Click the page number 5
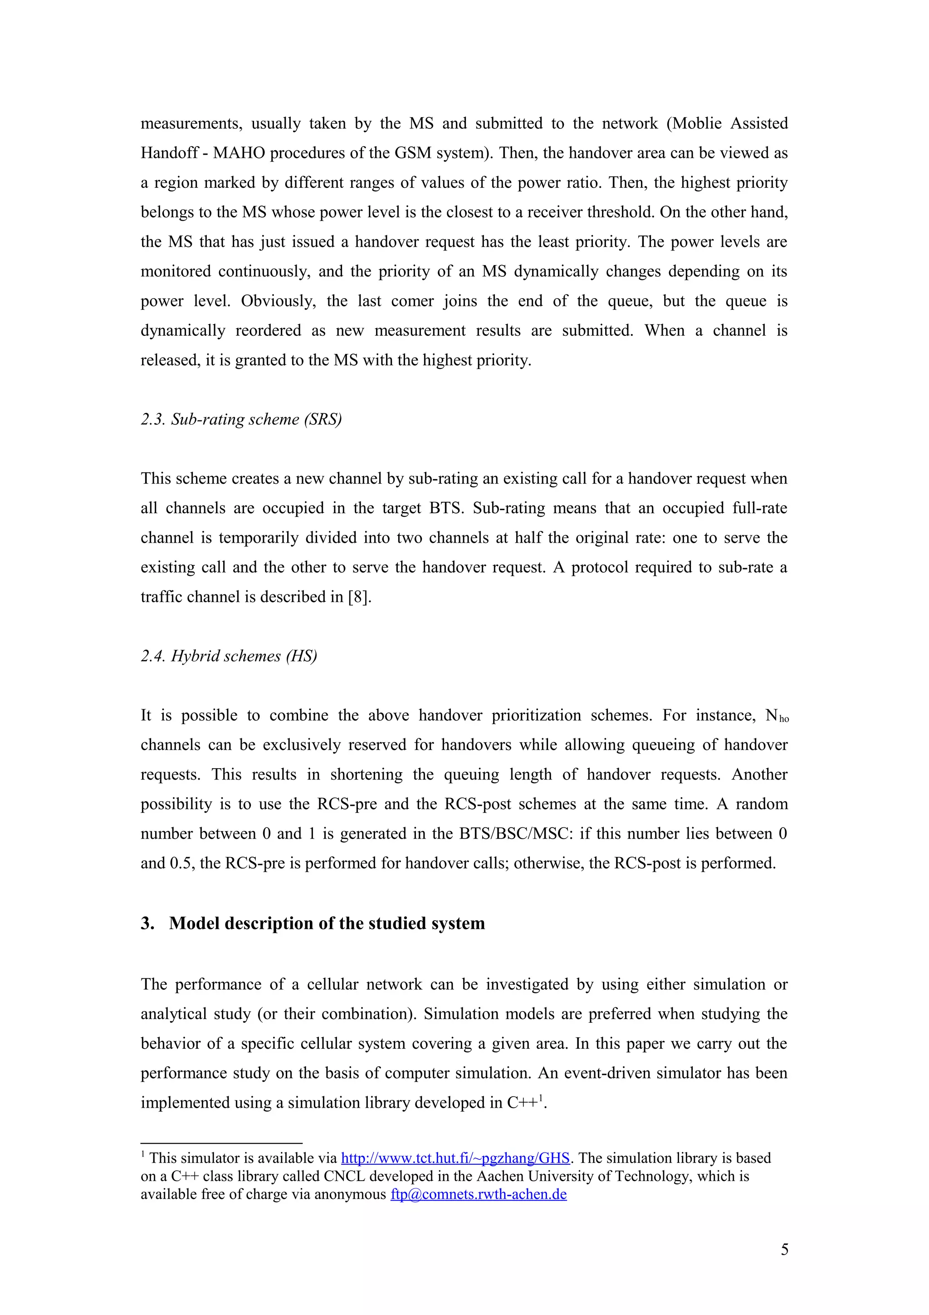click(784, 1249)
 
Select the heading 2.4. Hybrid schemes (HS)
click(229, 656)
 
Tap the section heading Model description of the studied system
click(327, 923)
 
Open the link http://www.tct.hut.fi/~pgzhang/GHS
click(455, 1158)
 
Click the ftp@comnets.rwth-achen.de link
click(479, 1195)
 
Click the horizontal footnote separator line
click(221, 1143)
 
